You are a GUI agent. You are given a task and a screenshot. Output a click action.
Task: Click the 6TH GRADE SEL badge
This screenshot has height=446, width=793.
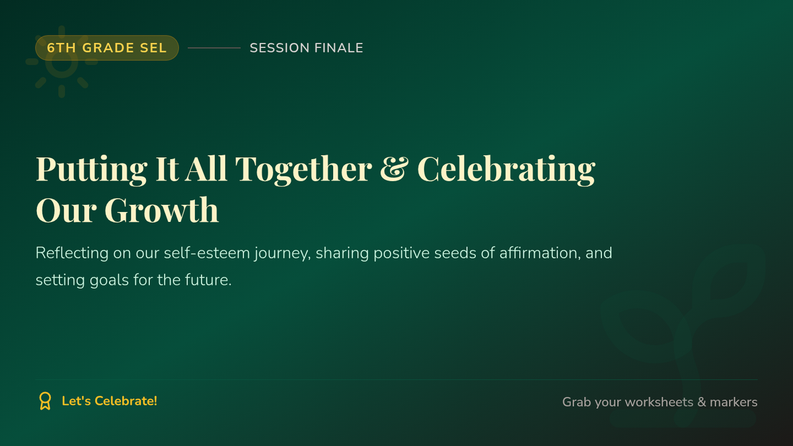tap(107, 48)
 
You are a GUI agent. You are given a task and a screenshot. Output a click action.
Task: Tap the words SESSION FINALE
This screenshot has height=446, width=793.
tap(307, 48)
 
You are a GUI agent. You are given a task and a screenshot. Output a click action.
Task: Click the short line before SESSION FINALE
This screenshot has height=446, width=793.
tap(214, 48)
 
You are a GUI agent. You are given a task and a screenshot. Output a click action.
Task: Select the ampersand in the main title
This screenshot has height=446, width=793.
tap(395, 168)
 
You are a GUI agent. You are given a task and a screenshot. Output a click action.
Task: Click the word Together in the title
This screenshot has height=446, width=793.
tap(304, 170)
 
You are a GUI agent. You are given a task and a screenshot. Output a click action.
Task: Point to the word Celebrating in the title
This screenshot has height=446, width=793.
tap(507, 170)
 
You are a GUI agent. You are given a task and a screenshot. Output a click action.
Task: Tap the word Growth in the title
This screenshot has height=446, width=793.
tap(162, 210)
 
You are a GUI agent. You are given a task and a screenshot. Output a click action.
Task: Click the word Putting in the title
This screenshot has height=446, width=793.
tap(92, 170)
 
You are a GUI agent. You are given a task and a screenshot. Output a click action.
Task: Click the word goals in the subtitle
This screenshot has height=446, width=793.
tap(110, 281)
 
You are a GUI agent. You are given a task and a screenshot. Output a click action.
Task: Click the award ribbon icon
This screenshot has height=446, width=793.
tap(45, 401)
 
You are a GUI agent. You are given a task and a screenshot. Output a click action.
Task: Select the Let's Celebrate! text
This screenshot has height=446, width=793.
tap(110, 401)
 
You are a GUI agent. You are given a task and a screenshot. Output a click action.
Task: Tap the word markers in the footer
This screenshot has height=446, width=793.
tap(734, 402)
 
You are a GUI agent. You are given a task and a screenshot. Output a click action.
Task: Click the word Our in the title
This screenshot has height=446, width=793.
tap(66, 210)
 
